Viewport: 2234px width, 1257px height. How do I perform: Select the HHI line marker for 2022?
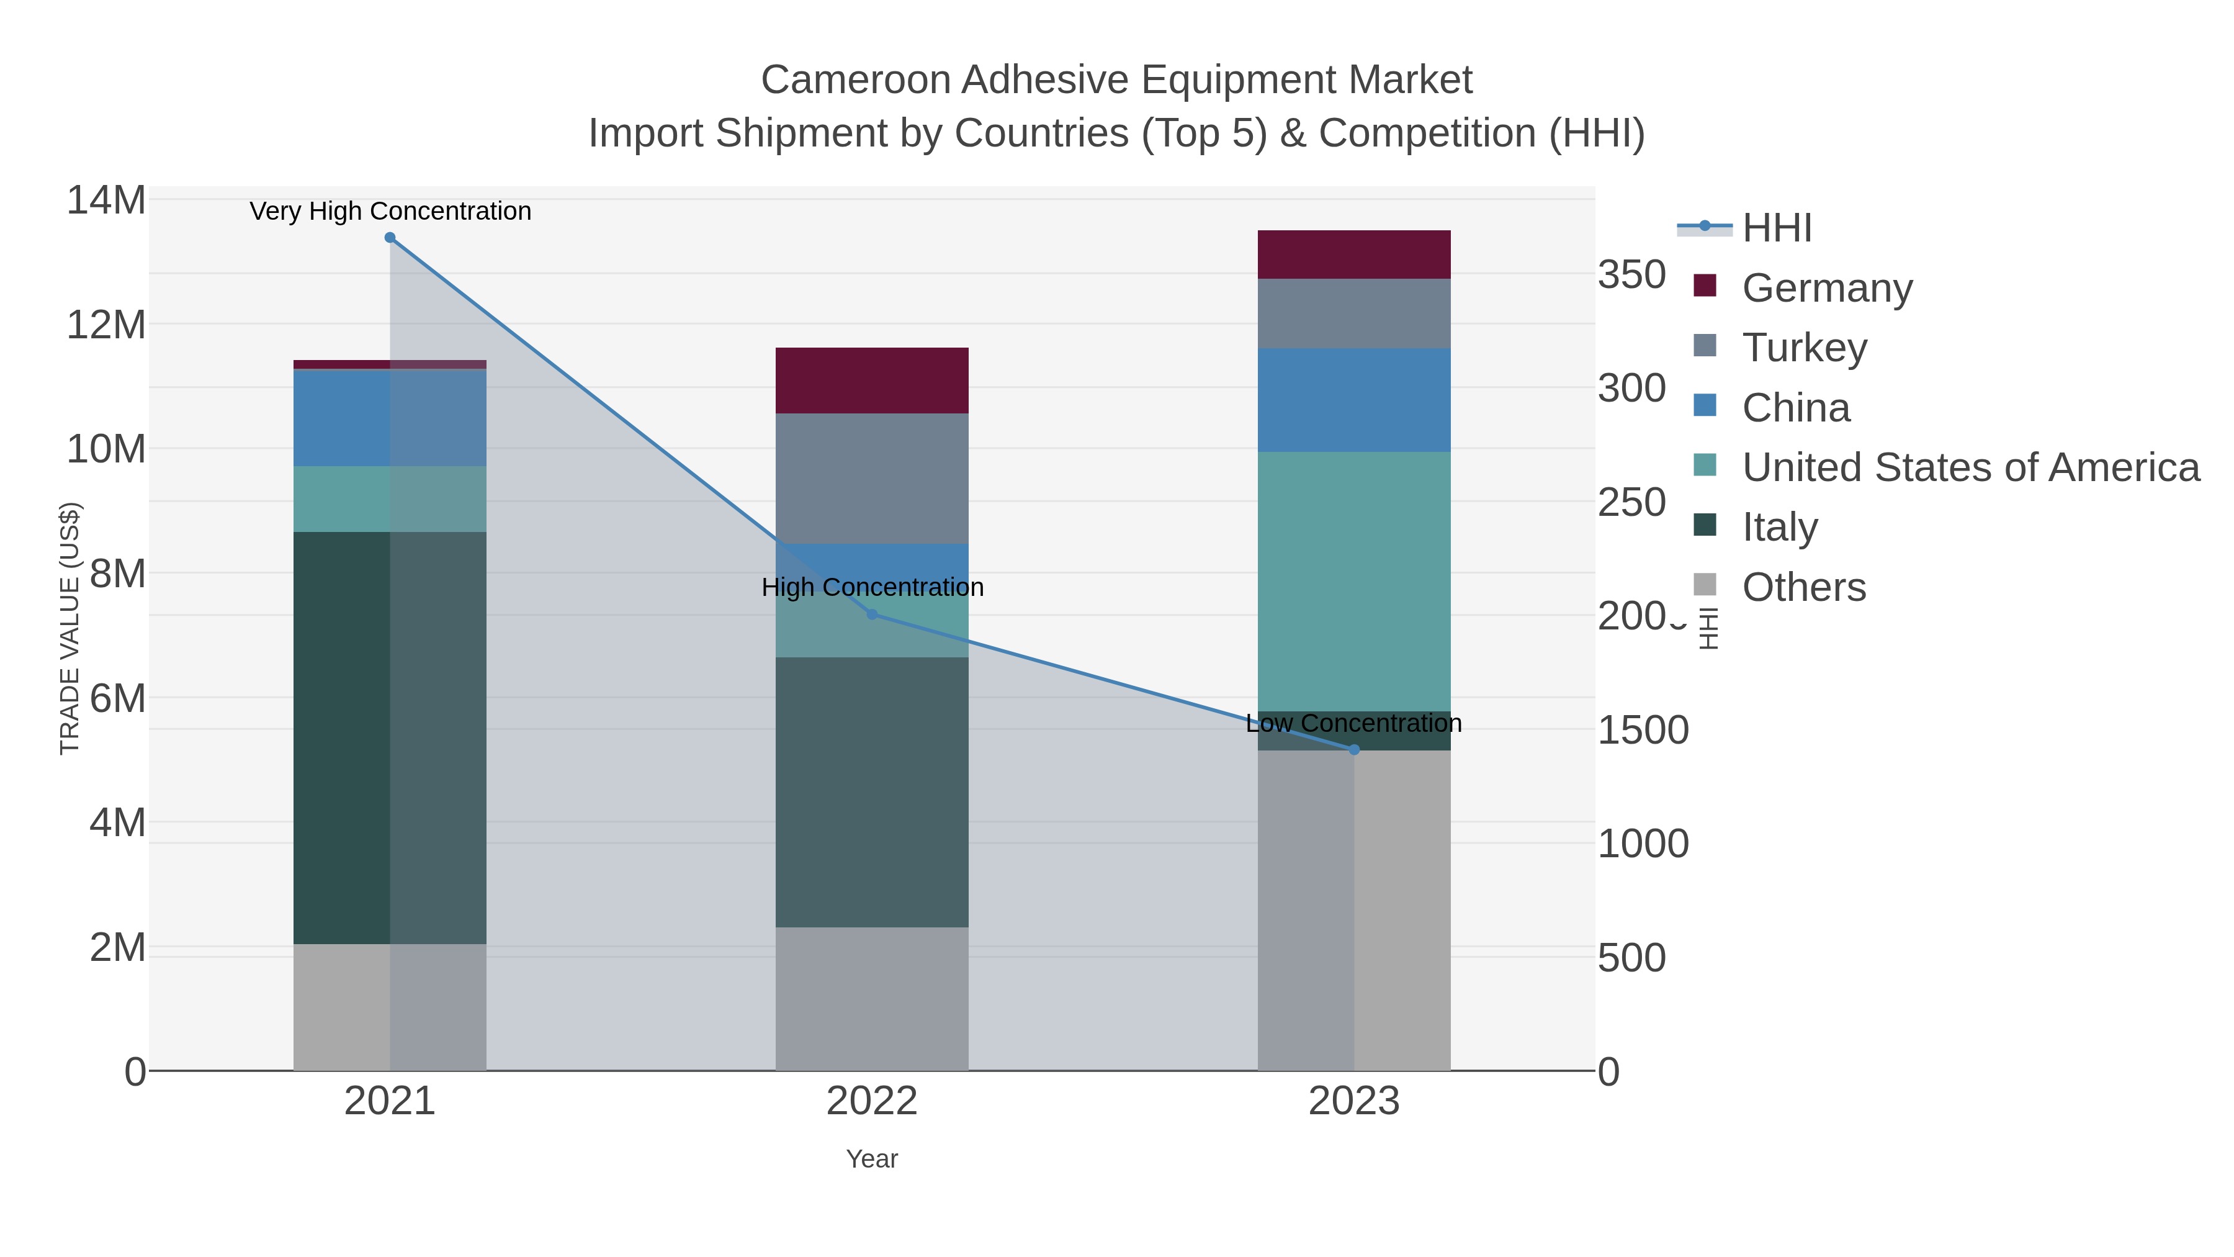872,614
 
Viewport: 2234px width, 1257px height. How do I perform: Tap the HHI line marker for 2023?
1354,749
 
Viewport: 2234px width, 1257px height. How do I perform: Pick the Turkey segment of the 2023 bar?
1354,313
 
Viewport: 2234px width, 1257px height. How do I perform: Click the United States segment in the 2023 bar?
1354,581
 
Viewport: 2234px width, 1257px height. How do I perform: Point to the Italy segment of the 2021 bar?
343,737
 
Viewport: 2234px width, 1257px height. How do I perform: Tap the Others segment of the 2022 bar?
872,998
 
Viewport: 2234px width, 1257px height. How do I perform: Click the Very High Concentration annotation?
390,211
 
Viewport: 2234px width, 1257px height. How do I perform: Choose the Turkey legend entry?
1804,347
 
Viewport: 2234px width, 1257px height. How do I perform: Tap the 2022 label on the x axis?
872,1102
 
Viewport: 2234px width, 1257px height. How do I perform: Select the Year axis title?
872,1158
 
